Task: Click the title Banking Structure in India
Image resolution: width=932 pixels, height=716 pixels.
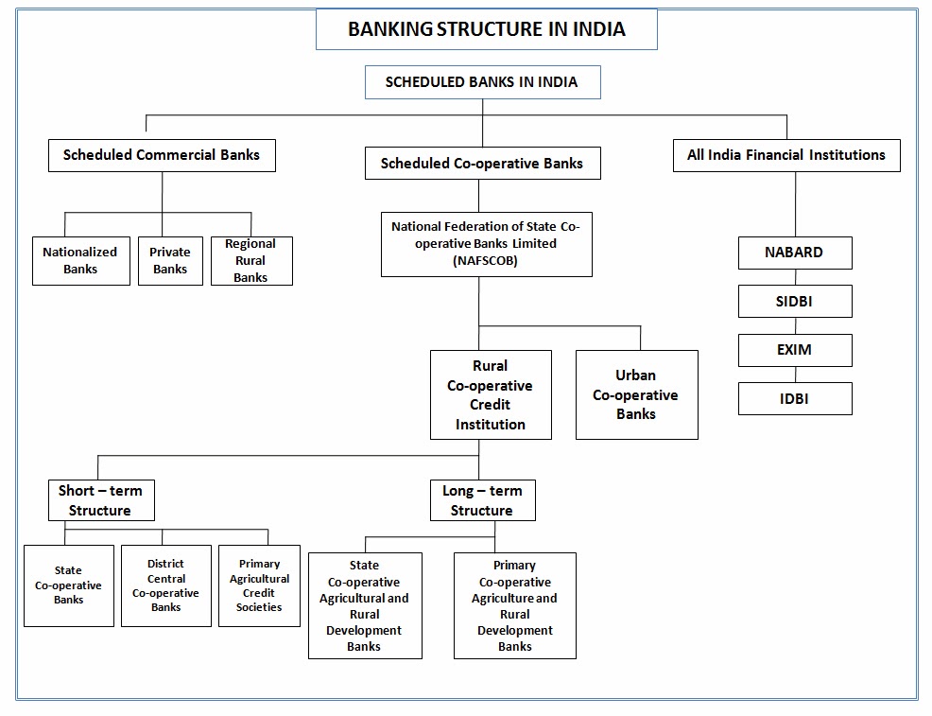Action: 486,28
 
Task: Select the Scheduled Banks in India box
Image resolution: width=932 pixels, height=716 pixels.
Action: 481,81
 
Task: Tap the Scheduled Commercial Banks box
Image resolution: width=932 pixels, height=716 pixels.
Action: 162,155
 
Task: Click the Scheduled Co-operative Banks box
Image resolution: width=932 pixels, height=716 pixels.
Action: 482,163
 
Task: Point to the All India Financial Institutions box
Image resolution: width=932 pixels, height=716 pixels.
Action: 785,155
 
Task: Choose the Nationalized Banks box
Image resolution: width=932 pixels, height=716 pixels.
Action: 80,260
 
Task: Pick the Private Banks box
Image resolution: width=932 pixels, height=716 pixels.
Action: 170,260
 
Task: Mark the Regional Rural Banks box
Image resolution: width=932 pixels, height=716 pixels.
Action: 250,260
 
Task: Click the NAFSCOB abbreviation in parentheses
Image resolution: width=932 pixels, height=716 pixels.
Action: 486,260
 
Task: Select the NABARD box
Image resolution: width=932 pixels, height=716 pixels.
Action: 794,253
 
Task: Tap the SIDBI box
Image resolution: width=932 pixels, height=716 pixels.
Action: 794,301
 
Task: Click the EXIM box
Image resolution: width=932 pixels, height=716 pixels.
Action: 794,350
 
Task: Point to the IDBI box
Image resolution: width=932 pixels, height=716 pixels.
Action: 794,398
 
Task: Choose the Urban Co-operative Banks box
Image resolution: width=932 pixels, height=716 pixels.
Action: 636,394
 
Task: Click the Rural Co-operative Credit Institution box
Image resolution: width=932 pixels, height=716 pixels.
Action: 490,394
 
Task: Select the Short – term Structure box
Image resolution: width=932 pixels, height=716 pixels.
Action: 100,500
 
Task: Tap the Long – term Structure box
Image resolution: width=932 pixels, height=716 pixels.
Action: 482,500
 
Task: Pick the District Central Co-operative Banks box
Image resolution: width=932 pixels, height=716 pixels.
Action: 165,585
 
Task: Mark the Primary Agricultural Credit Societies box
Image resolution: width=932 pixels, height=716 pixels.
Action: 259,585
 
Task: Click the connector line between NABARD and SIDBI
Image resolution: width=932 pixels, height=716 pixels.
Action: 795,277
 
